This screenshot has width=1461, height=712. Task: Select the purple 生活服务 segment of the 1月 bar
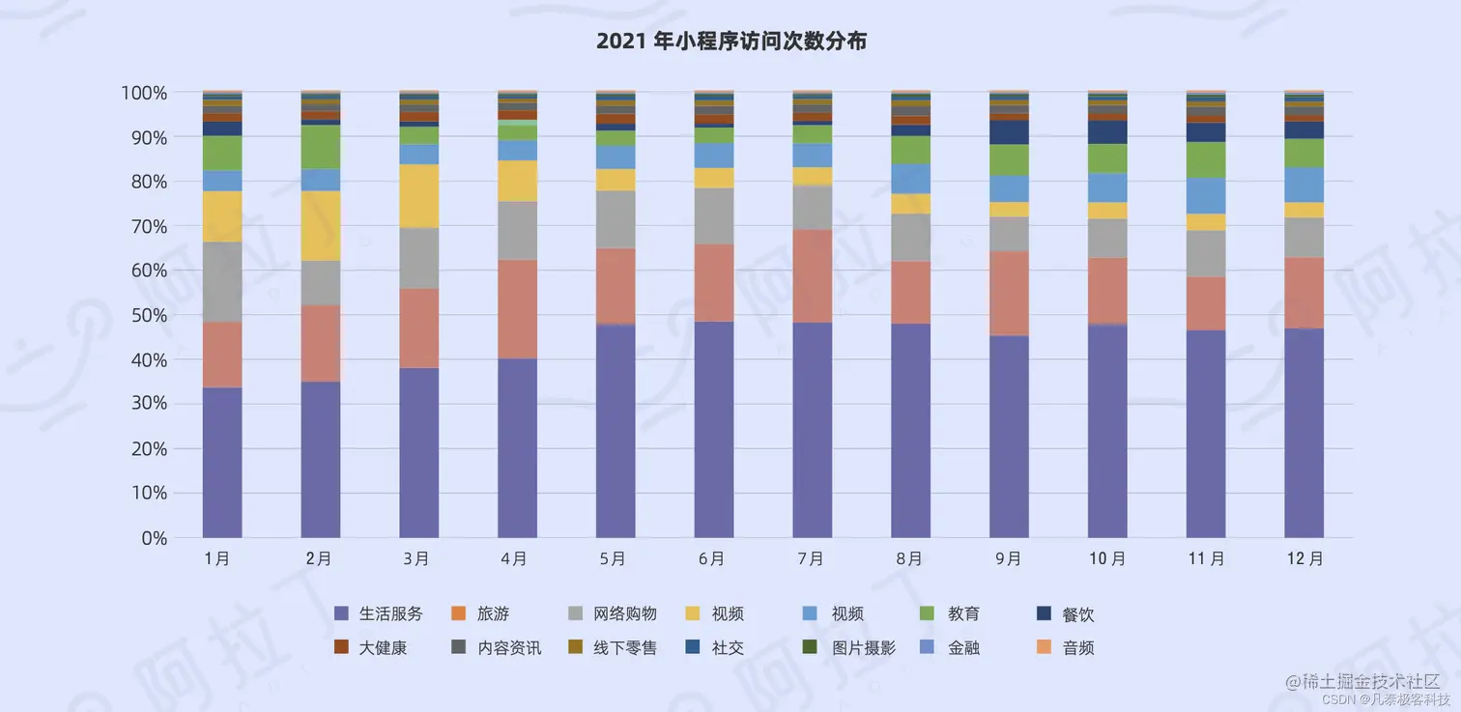[222, 462]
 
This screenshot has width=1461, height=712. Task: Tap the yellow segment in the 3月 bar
[418, 195]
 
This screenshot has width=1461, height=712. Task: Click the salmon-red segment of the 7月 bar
[812, 275]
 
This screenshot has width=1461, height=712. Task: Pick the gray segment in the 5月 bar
[616, 219]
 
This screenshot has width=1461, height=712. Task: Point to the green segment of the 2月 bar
[320, 147]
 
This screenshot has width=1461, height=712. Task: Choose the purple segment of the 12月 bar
[1303, 432]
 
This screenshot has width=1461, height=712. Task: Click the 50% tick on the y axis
[144, 316]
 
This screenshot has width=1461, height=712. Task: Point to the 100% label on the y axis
[144, 93]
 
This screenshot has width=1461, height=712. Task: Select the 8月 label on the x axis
[909, 558]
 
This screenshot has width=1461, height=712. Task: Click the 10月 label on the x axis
[1106, 558]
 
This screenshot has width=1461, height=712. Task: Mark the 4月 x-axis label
[516, 558]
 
